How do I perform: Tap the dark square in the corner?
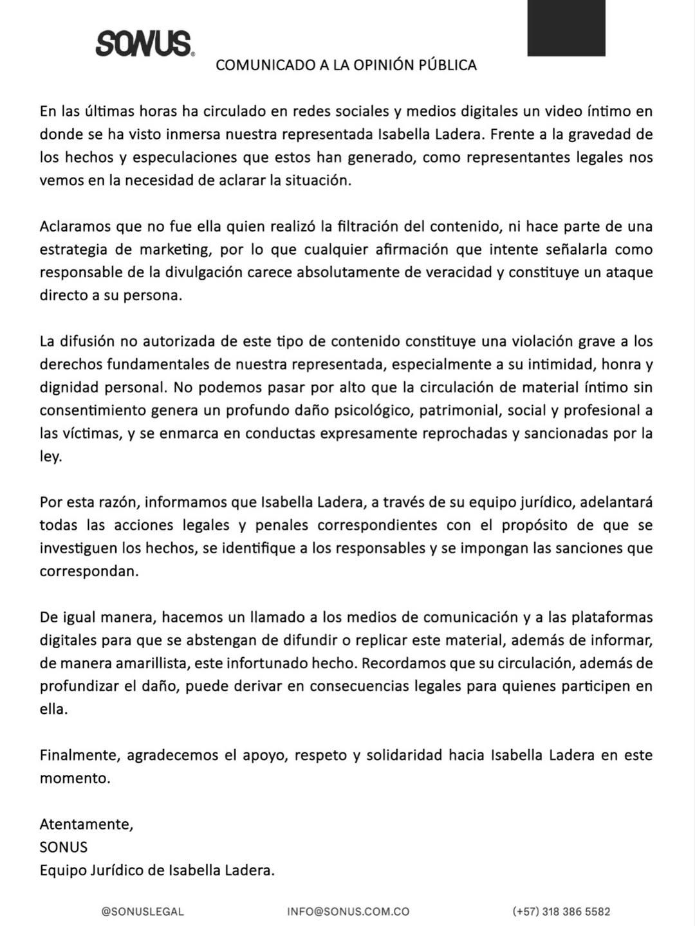coord(566,28)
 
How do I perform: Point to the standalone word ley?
coord(50,457)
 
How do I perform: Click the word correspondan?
coord(89,571)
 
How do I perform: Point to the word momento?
coord(75,778)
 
